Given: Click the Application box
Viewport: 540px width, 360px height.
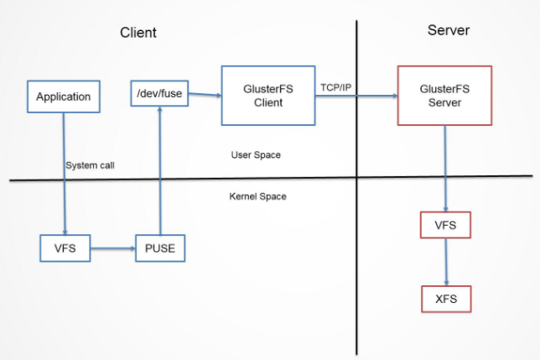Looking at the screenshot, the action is point(64,97).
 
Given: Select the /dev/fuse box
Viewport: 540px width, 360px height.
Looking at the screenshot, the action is point(159,93).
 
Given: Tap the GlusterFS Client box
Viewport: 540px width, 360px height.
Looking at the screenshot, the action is point(268,96).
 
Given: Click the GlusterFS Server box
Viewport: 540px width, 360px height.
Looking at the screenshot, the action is point(444,96).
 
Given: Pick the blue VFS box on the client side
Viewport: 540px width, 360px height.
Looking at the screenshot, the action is point(65,248).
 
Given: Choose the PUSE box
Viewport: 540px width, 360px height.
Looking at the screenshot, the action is point(160,248).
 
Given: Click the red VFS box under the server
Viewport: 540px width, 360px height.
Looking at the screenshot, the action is point(445,225).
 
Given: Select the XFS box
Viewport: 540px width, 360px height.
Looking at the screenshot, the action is point(446,299).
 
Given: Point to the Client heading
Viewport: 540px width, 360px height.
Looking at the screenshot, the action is point(138,33).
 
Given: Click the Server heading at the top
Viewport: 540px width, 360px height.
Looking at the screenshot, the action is point(449,30).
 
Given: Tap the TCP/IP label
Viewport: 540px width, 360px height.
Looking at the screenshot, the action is point(335,87).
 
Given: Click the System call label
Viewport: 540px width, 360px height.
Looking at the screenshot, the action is point(91,165).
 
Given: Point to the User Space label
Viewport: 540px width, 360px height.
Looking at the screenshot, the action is point(256,155).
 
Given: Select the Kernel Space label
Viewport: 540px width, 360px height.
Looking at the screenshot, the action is point(258,196).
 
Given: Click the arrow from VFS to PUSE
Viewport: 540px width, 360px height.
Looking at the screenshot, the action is point(113,248).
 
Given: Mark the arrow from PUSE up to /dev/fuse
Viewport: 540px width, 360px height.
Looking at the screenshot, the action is point(160,170).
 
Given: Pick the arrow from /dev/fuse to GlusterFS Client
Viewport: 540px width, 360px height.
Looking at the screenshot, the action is point(205,94).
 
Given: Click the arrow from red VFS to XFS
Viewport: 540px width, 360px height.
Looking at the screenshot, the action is point(446,262).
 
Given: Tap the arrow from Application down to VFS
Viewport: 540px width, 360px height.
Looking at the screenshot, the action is point(65,174).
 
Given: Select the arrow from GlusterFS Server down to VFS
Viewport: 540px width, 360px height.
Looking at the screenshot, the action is point(445,169).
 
